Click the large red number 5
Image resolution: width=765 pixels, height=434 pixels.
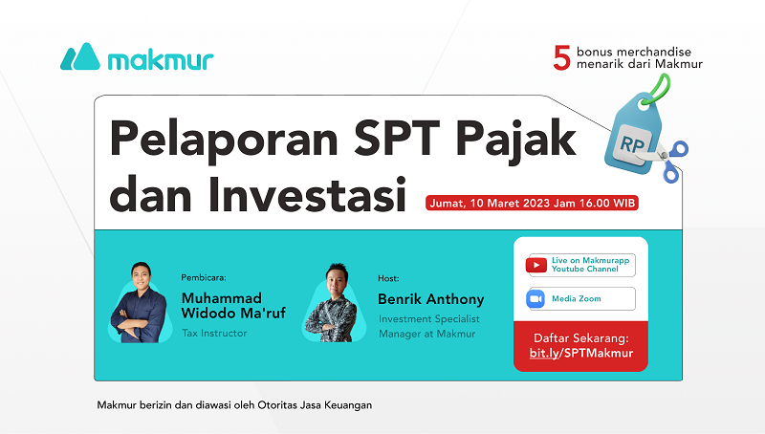coord(562,57)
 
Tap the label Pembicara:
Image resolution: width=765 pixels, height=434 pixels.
coord(207,278)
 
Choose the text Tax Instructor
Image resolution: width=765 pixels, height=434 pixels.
coord(214,334)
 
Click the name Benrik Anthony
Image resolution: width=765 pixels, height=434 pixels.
coord(431,299)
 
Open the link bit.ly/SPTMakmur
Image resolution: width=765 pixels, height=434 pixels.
coord(580,354)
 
